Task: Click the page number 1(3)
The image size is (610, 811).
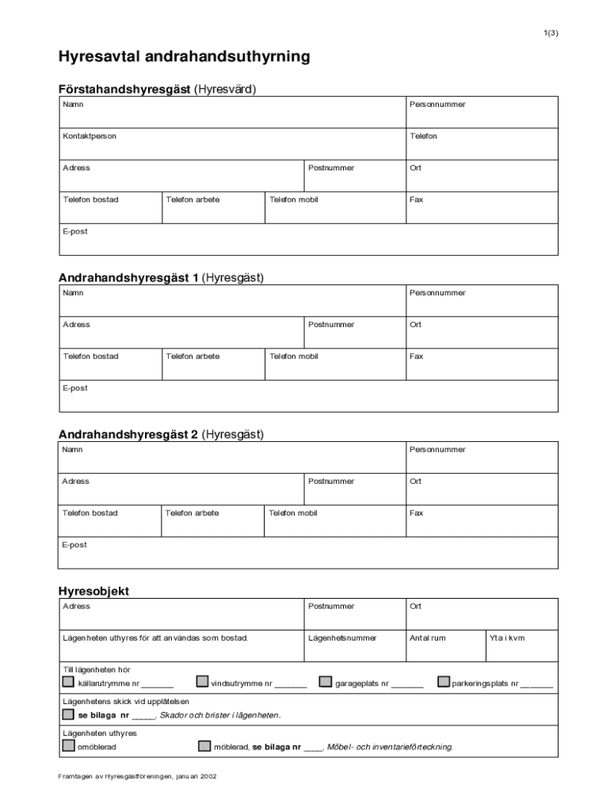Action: [x=551, y=32]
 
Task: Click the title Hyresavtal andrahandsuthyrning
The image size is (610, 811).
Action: [x=183, y=57]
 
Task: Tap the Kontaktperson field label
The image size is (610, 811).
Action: [x=90, y=136]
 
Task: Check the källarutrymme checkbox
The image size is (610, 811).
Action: [x=68, y=682]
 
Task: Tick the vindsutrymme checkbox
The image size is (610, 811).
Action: [x=202, y=682]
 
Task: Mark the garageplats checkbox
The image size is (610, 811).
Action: [x=326, y=682]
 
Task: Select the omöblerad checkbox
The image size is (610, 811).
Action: [x=68, y=746]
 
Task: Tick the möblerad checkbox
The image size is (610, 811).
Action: [x=204, y=746]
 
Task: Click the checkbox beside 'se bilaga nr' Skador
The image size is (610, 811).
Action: [x=68, y=714]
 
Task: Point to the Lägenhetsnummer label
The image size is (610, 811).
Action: [x=342, y=638]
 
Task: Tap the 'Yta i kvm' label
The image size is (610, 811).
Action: [x=507, y=638]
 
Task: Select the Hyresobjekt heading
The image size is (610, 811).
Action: [x=93, y=591]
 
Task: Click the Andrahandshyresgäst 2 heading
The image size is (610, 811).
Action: [x=161, y=435]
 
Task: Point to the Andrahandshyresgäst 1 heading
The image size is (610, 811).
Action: [x=161, y=278]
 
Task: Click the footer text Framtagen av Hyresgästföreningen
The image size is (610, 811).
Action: [x=137, y=776]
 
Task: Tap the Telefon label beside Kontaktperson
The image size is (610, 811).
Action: [x=423, y=136]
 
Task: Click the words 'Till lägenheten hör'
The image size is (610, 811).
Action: [x=96, y=669]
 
